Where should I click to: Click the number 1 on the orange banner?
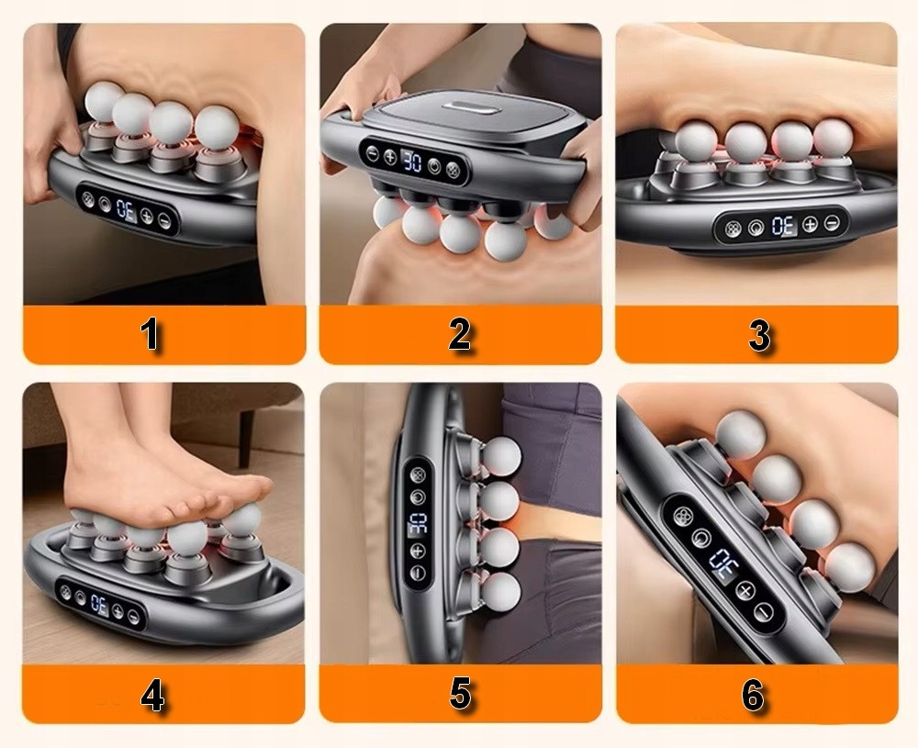click(x=151, y=334)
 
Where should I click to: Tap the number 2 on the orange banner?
click(x=460, y=334)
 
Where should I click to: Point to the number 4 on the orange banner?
click(x=152, y=697)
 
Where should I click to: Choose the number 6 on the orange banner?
click(x=754, y=695)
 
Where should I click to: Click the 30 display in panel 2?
click(x=413, y=161)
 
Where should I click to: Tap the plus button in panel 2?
click(x=390, y=156)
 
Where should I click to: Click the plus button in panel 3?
click(x=810, y=224)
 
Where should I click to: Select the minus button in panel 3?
click(x=832, y=222)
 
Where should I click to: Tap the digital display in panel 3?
click(x=783, y=226)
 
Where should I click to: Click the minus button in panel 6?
click(x=762, y=612)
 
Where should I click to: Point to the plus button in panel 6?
click(x=744, y=590)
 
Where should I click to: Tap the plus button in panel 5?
click(x=418, y=551)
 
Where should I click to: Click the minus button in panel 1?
click(x=164, y=221)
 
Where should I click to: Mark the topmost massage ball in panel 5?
click(x=501, y=456)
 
